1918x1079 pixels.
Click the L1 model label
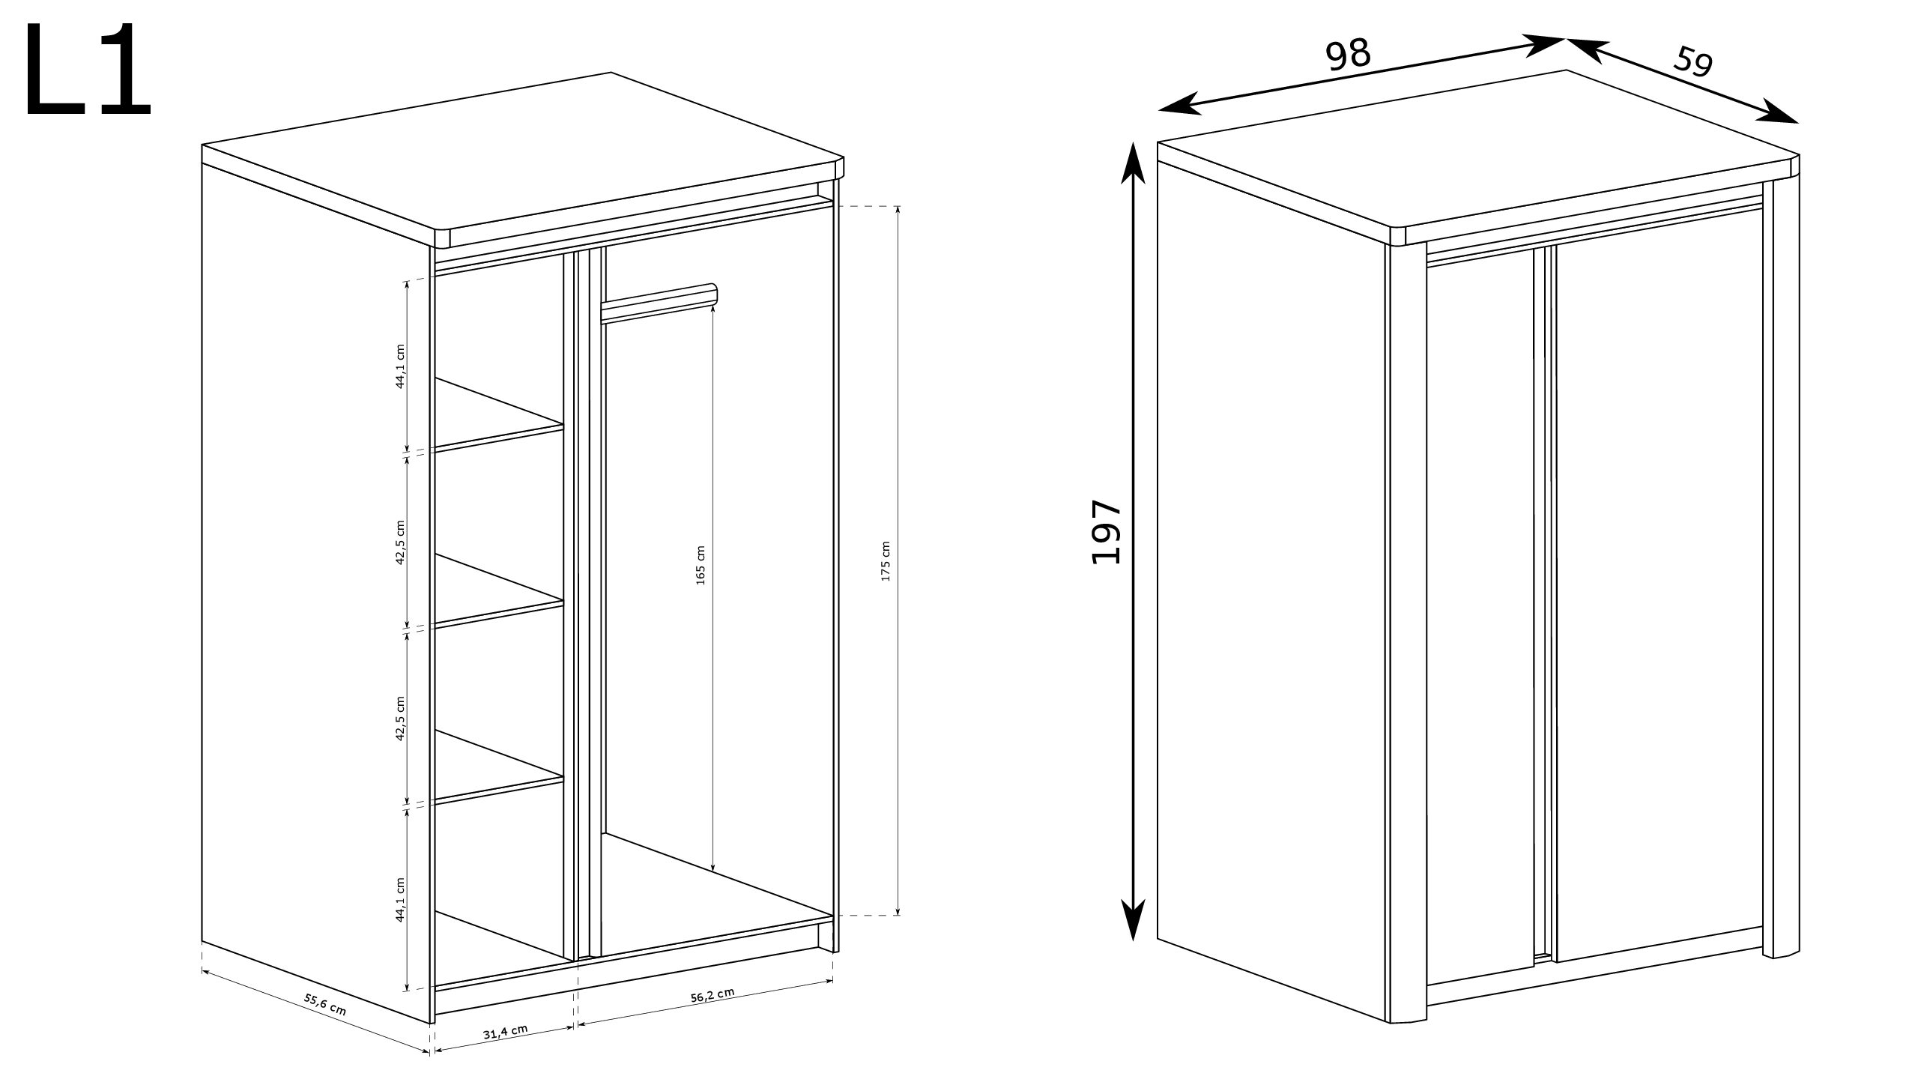[88, 70]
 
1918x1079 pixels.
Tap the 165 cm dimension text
[701, 565]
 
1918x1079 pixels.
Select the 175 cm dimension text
[886, 561]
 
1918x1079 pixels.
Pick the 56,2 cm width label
[712, 994]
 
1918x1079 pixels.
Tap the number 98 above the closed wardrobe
[1349, 55]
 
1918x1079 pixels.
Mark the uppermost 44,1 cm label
[400, 366]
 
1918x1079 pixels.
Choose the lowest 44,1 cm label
[400, 899]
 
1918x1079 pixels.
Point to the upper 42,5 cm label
[400, 542]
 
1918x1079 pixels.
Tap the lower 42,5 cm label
[400, 719]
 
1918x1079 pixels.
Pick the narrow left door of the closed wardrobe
[1480, 621]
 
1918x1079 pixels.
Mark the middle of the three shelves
[499, 591]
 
